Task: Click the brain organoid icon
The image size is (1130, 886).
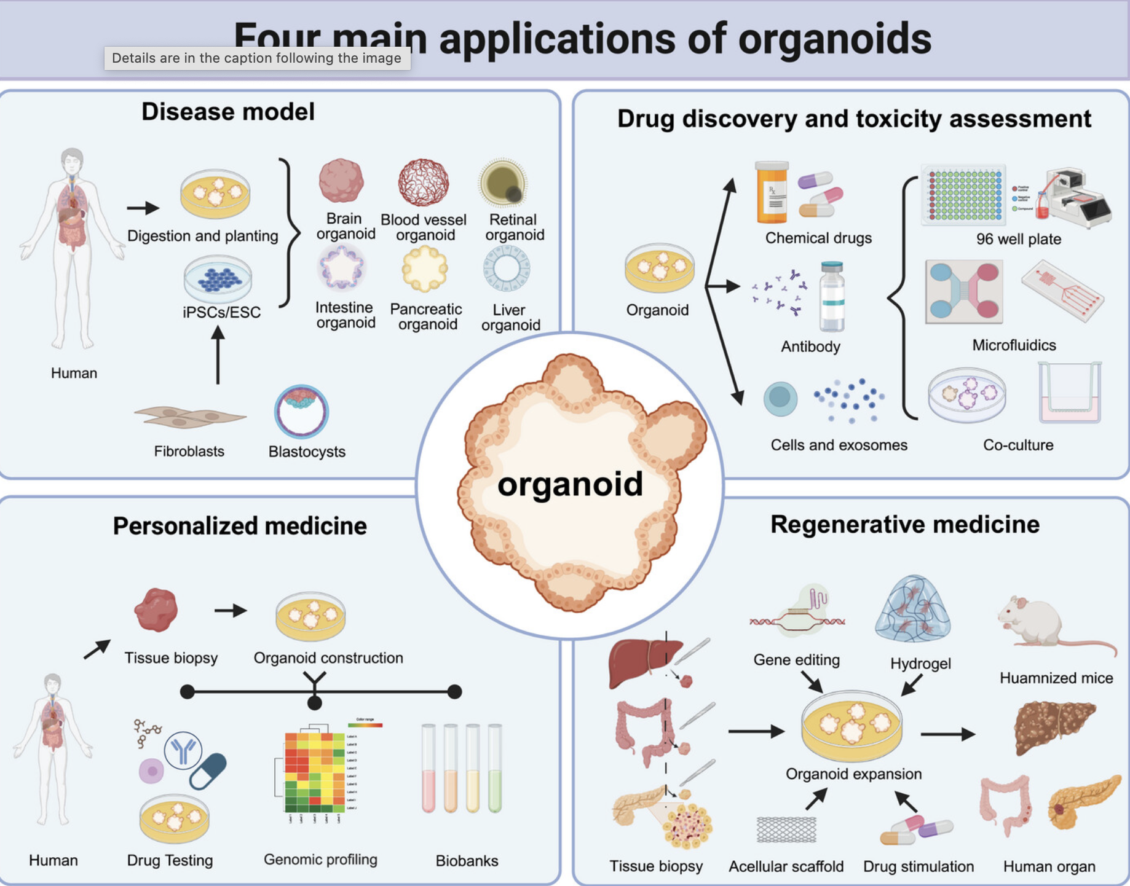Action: pyautogui.click(x=341, y=181)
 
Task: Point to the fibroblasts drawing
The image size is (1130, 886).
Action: pyautogui.click(x=189, y=417)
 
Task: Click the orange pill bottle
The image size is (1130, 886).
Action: pyautogui.click(x=772, y=192)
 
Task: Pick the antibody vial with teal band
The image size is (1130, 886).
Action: pyautogui.click(x=832, y=297)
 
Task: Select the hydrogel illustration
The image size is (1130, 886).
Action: pyautogui.click(x=914, y=610)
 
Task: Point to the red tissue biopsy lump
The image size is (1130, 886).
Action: pyautogui.click(x=156, y=610)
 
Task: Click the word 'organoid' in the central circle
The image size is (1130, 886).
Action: pyautogui.click(x=570, y=484)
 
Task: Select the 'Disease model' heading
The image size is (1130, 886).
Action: pyautogui.click(x=228, y=112)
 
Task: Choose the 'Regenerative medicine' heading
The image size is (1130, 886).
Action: pyautogui.click(x=905, y=525)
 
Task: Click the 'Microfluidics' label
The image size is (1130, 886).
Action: pyautogui.click(x=1014, y=345)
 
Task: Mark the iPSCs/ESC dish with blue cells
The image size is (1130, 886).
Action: pyautogui.click(x=218, y=279)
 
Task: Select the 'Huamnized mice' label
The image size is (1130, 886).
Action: pyautogui.click(x=1056, y=678)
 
